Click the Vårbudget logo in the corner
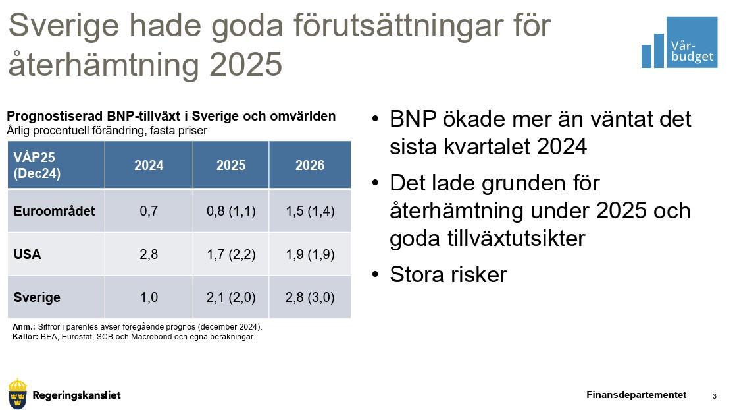click(679, 42)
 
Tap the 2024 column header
click(149, 165)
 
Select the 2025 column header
click(230, 165)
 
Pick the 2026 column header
click(310, 165)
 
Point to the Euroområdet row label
click(55, 211)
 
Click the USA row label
click(27, 254)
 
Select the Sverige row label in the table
click(37, 297)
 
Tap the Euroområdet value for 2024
click(149, 211)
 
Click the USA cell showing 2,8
click(149, 254)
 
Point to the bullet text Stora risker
click(448, 274)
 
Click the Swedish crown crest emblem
click(18, 394)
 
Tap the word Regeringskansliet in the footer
click(76, 395)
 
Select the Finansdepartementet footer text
click(636, 395)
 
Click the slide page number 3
click(715, 396)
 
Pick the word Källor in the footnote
click(25, 337)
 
